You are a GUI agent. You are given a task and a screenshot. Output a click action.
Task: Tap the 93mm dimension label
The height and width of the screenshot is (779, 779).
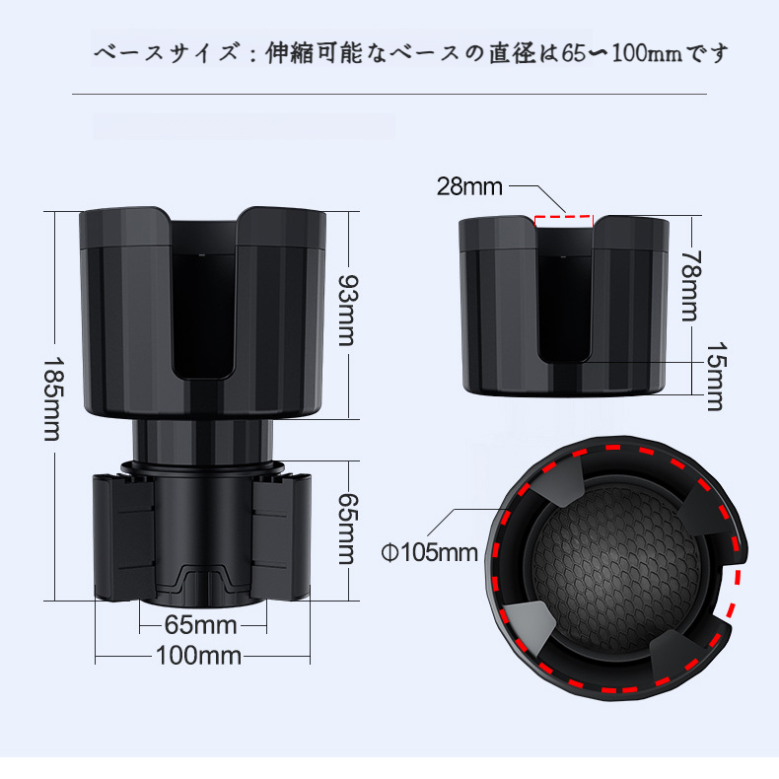(x=346, y=310)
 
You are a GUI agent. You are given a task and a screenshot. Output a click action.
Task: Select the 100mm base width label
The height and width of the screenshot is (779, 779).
(x=198, y=655)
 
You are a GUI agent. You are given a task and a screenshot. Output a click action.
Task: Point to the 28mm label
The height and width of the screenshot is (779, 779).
(x=469, y=187)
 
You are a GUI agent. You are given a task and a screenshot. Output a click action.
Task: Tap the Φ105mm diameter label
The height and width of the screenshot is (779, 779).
(x=429, y=551)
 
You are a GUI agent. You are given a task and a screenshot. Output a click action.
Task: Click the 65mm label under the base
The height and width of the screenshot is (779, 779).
(x=200, y=625)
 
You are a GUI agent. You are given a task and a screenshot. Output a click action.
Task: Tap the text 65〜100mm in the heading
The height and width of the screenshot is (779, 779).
(x=626, y=53)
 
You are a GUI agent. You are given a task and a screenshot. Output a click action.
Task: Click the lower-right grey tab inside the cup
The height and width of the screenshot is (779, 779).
(x=673, y=651)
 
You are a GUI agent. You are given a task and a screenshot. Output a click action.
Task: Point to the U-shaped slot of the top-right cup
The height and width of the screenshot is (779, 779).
(x=565, y=296)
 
